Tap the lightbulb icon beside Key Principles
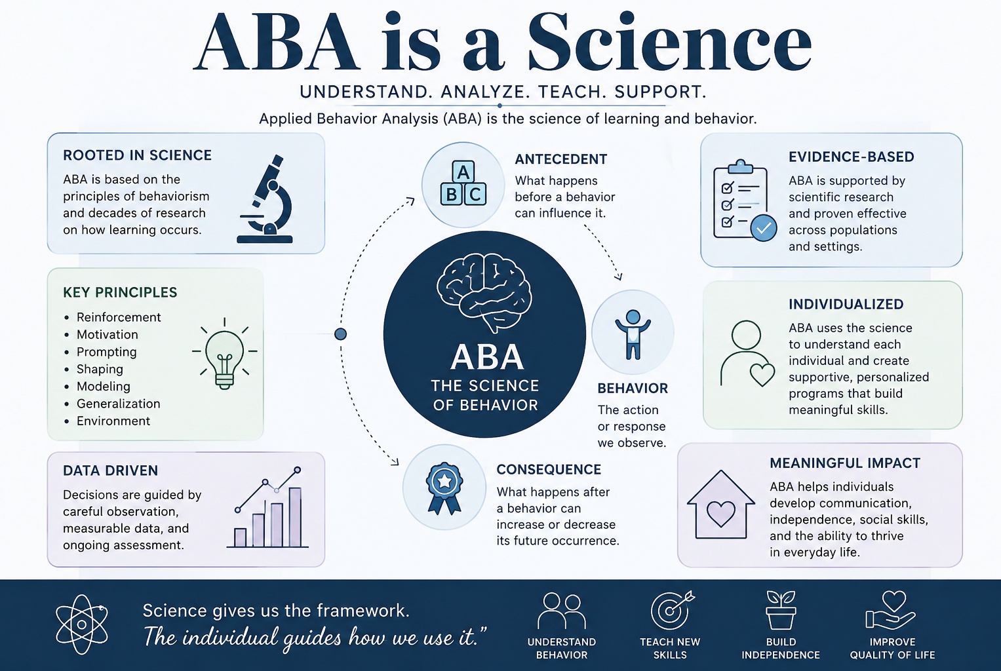[x=224, y=354]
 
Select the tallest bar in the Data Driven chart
[x=295, y=517]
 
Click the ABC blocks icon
[x=463, y=185]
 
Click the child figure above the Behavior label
[x=633, y=334]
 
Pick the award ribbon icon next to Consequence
[x=444, y=488]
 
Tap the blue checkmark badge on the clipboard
[x=763, y=228]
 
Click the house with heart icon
[x=721, y=505]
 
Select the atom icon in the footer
[x=82, y=624]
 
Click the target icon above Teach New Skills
[x=672, y=610]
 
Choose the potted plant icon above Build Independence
[x=781, y=610]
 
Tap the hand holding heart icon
[x=891, y=610]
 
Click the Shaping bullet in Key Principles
[x=99, y=369]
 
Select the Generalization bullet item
[x=118, y=404]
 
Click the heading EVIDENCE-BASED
[x=852, y=157]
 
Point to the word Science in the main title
[x=669, y=43]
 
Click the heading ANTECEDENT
[x=561, y=159]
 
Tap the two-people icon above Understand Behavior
[x=562, y=610]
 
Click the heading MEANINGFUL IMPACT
[x=844, y=463]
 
